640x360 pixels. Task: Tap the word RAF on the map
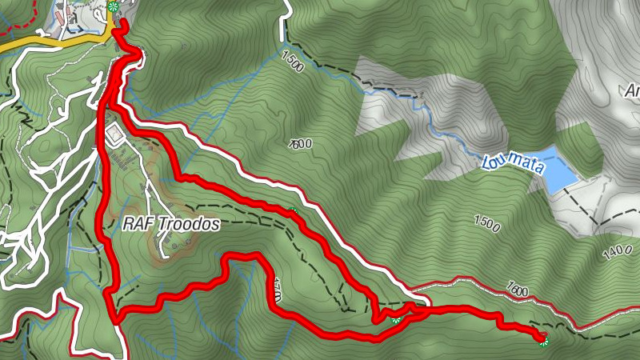(137, 225)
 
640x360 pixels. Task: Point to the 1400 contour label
(618, 253)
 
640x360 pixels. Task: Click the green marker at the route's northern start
(113, 7)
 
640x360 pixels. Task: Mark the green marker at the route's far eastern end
(544, 341)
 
